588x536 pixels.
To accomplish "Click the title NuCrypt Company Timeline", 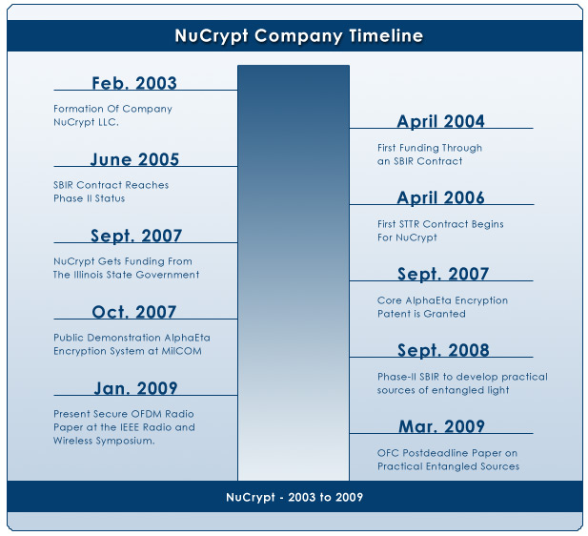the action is (299, 36).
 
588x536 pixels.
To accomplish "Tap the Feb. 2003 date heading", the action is (134, 83).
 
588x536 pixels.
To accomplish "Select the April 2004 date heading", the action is (440, 121).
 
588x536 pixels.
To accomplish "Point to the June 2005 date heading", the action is (134, 159).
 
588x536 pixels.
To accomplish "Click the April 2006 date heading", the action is (440, 197).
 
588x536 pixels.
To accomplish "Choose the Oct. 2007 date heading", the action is (133, 312).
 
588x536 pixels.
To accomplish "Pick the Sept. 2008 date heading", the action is (443, 350).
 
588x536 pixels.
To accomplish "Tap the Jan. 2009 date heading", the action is (135, 388).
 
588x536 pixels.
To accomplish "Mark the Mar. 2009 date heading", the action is (441, 426).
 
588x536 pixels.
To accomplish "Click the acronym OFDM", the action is (149, 414).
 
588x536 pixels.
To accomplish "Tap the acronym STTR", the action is (409, 224).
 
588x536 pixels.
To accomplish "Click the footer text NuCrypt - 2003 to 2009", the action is (294, 497).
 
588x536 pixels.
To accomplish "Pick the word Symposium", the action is (125, 441).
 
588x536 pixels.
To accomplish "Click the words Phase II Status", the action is (90, 198).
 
